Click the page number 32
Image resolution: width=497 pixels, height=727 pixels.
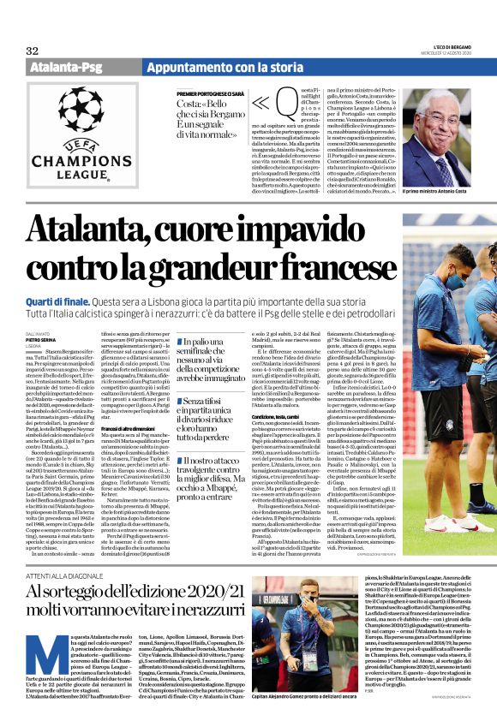(x=33, y=51)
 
